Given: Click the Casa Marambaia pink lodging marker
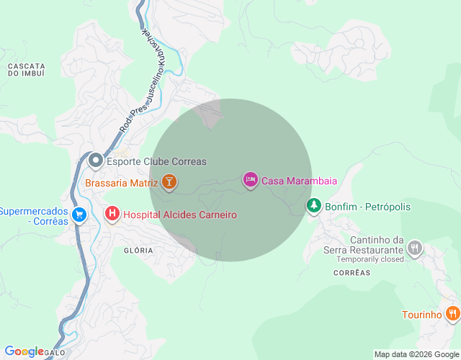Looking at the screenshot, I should click(x=250, y=180).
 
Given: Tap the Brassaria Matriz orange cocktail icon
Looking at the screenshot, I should click(x=169, y=183).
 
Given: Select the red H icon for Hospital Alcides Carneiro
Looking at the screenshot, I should click(x=112, y=214).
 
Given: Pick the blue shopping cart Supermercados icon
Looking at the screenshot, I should click(x=79, y=214).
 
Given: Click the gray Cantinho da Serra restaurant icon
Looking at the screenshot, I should click(x=414, y=249).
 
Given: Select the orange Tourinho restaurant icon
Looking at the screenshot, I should click(x=452, y=314).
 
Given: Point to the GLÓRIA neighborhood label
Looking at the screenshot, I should click(x=138, y=250).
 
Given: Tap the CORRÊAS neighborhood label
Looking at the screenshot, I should click(x=352, y=273).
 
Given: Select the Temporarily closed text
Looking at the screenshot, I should click(x=368, y=259).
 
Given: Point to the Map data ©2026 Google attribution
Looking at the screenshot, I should click(x=416, y=354).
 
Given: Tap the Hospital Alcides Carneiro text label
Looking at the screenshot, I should click(x=179, y=215).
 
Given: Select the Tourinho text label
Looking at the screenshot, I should click(x=421, y=315).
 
